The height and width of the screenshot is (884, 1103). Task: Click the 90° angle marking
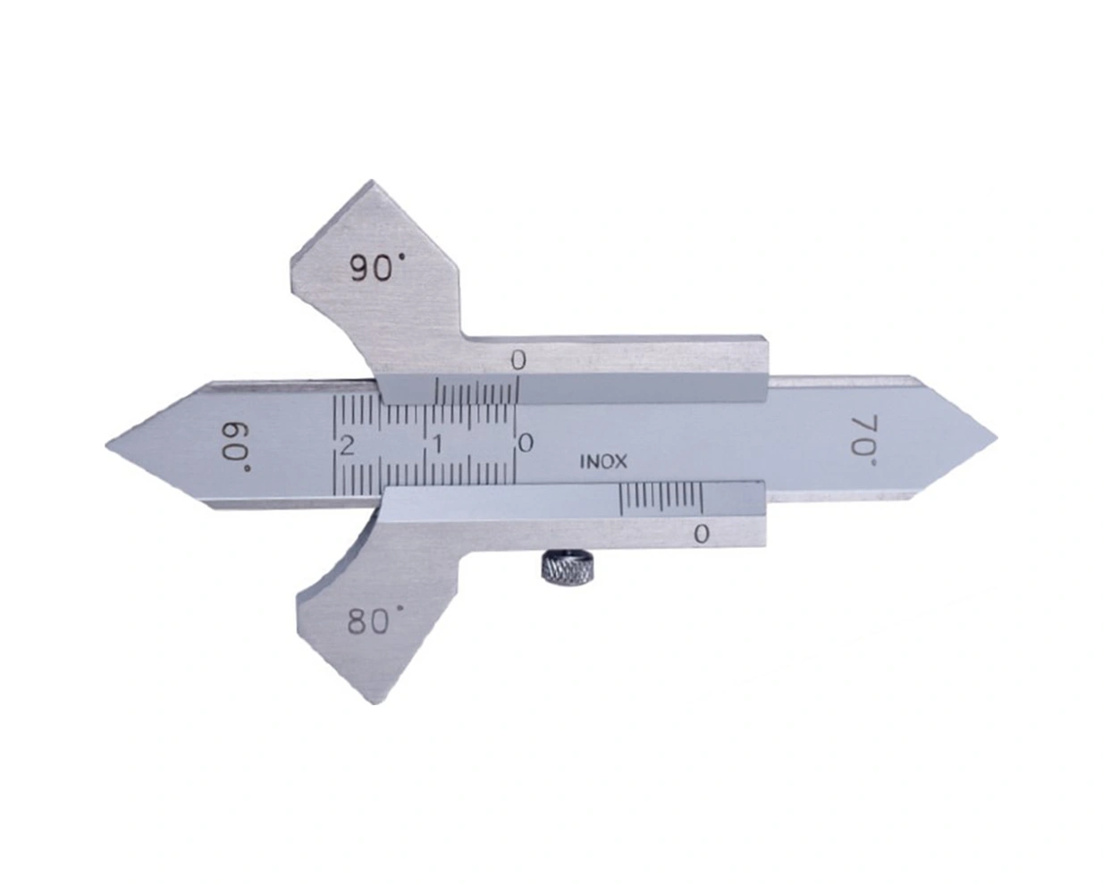pyautogui.click(x=376, y=268)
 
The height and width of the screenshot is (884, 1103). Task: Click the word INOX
pyautogui.click(x=602, y=462)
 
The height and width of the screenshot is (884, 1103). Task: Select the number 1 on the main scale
pyautogui.click(x=437, y=445)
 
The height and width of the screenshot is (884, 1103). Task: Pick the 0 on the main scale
pyautogui.click(x=526, y=443)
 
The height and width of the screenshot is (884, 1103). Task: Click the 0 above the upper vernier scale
pyautogui.click(x=518, y=361)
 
